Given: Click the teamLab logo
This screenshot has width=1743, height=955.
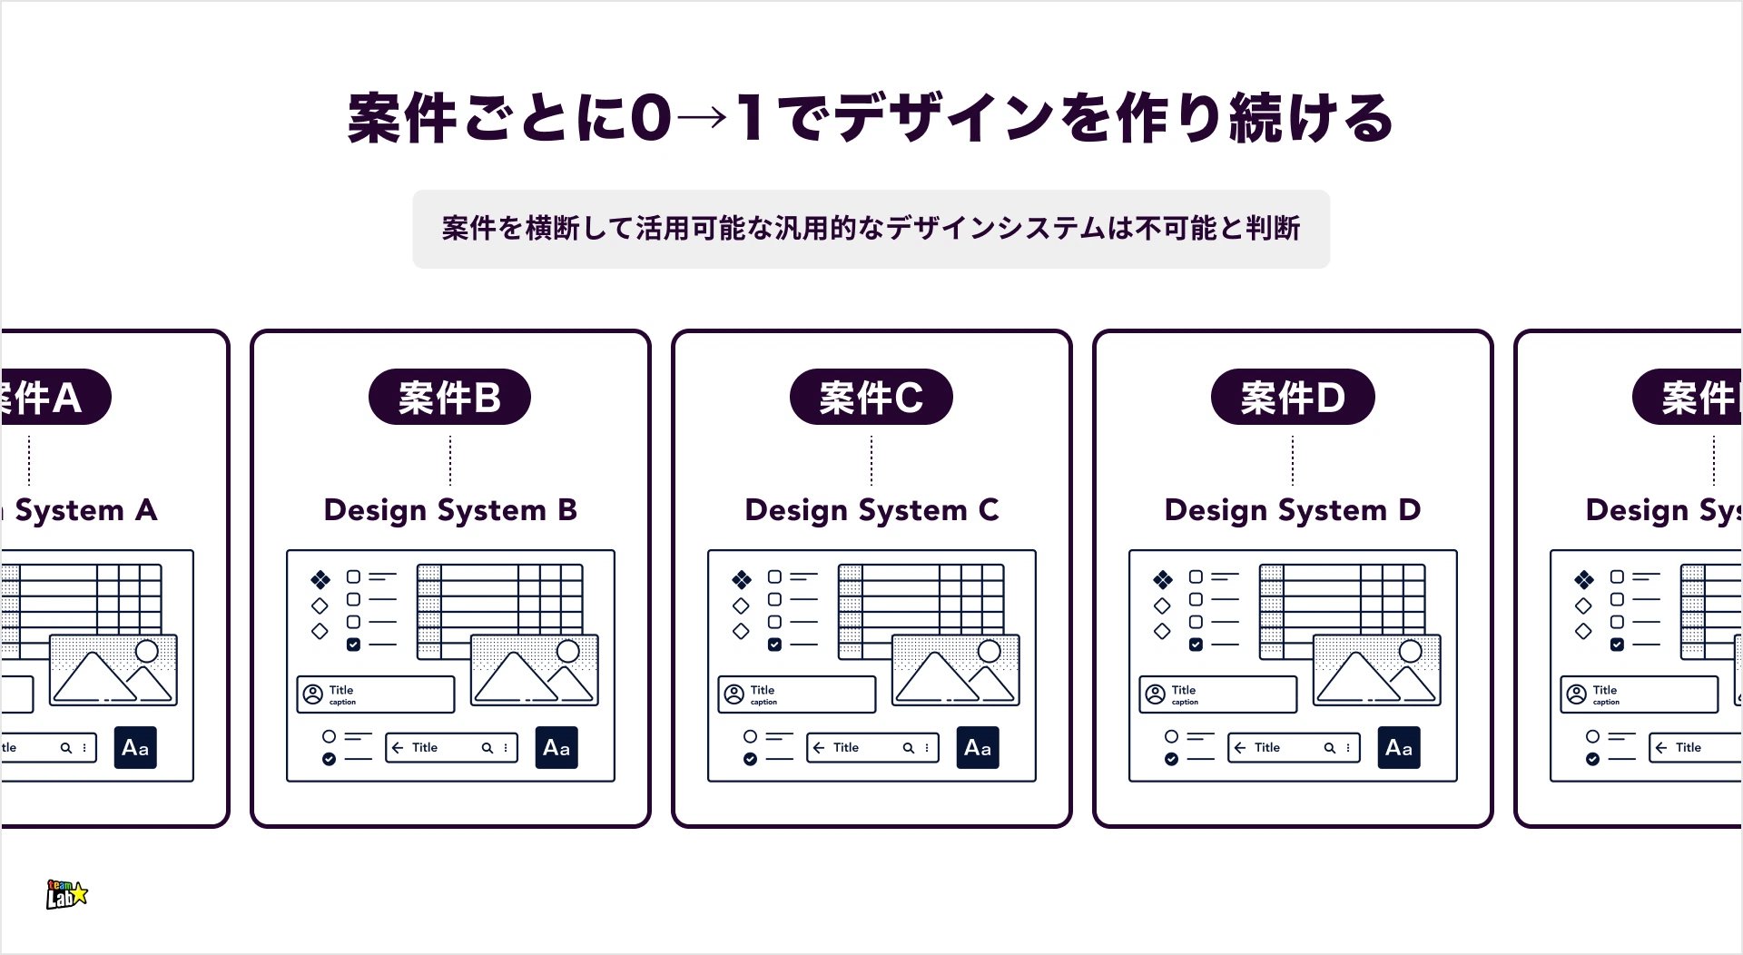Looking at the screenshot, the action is coord(67,894).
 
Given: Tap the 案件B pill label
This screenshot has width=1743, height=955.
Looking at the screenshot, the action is coord(449,397).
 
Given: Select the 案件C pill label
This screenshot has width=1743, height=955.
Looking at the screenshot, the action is coord(871,397).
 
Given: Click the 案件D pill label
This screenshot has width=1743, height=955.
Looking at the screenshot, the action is coord(1292,397).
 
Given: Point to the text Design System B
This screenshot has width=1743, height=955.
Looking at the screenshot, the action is coord(450,510).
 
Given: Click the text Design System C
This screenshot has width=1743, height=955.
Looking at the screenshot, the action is coord(871,510).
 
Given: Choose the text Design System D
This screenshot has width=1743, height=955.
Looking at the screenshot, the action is coord(1293,510).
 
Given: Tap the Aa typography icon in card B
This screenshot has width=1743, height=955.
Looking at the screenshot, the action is coord(556,748).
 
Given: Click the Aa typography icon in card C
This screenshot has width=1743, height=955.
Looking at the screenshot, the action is coord(978,748).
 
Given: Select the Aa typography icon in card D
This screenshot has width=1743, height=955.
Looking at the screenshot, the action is coord(1399,748).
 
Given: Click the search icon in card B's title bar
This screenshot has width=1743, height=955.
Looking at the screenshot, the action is coord(487,748).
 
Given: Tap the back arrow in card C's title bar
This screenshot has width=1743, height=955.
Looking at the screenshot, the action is coord(819,748).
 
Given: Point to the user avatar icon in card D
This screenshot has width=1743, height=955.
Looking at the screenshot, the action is coord(1156,694).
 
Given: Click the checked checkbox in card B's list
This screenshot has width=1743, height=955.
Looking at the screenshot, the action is coord(353,645).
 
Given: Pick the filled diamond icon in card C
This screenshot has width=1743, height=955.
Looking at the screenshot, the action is coord(742,579).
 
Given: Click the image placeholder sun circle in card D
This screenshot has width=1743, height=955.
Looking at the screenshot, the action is coord(1411,651).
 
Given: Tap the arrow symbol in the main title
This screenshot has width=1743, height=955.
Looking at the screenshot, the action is coord(701,118).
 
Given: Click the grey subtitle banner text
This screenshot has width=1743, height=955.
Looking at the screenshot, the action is coord(871,228).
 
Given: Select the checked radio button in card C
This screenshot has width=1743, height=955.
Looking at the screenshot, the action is coord(750,759).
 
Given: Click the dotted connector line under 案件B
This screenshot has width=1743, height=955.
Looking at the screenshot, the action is coord(450,460).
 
